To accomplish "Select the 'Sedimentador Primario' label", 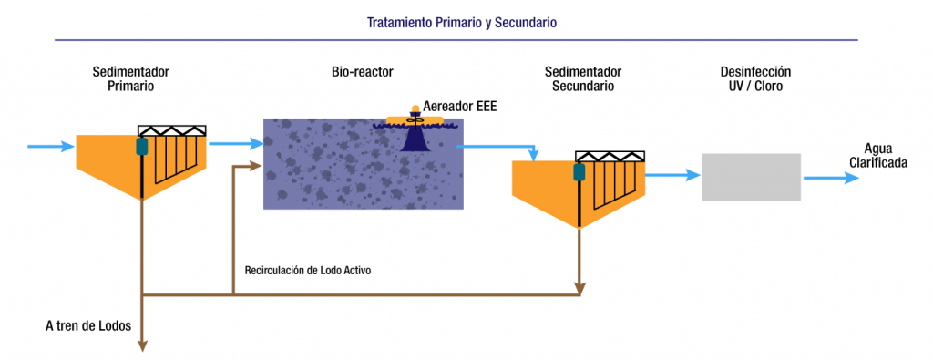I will [130, 78].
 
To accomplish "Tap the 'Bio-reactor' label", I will [362, 72].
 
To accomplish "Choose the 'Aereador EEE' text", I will [460, 107].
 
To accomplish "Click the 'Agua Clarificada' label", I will [879, 156].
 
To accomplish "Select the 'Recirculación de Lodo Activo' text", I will [308, 270].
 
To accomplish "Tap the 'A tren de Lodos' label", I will [88, 325].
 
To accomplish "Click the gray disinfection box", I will [751, 177].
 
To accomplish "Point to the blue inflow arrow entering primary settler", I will [50, 146].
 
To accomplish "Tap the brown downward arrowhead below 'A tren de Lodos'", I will [142, 344].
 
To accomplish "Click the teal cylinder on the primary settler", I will [142, 146].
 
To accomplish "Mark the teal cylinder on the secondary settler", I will [579, 171].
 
